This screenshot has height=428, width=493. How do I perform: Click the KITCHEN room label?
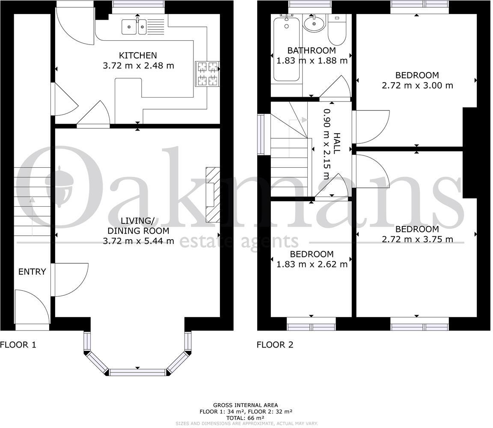click(x=138, y=55)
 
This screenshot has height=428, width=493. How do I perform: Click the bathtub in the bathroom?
click(x=286, y=49)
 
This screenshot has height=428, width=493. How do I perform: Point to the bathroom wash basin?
click(x=314, y=23)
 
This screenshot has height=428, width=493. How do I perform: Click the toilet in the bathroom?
click(x=337, y=30)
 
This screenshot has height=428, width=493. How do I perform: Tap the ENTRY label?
click(x=32, y=272)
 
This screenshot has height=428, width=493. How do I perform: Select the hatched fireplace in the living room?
click(x=213, y=195)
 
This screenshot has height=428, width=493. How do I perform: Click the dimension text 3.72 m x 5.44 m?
click(x=138, y=241)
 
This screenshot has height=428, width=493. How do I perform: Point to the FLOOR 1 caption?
click(x=18, y=345)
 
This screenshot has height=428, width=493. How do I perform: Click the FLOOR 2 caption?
click(x=275, y=345)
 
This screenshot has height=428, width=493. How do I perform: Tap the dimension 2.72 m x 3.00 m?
click(x=417, y=86)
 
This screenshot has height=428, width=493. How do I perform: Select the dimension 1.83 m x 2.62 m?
click(x=312, y=265)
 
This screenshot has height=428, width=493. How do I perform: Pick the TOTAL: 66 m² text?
click(x=245, y=418)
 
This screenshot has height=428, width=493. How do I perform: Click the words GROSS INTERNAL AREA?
click(x=245, y=405)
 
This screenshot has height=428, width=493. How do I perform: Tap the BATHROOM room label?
click(x=312, y=51)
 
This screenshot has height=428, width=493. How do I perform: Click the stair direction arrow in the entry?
click(x=32, y=217)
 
